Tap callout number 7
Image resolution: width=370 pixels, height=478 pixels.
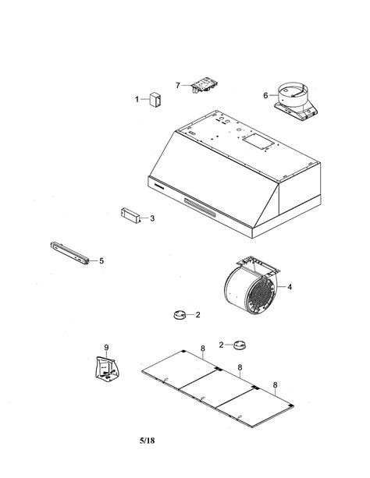178,84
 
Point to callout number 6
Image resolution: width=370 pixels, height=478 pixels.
265,96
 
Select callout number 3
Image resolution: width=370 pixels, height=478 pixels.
151,218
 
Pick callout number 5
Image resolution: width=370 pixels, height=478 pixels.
101,260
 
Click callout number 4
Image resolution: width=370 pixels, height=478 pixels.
290,287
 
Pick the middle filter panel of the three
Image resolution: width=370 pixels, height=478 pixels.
215,387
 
